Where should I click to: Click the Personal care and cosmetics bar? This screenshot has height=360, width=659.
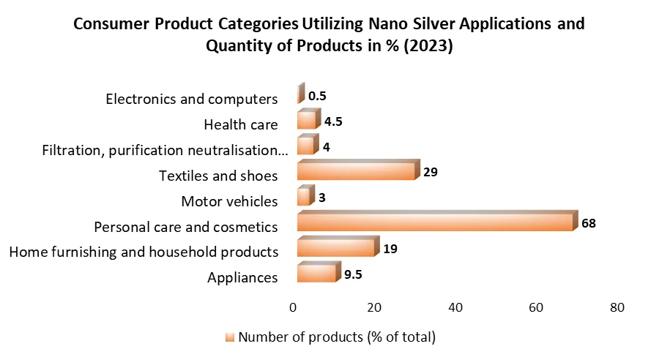435,222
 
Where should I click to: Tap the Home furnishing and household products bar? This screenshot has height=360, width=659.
336,248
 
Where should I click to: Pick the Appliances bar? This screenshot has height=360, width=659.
316,274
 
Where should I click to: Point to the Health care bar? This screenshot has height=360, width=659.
307,121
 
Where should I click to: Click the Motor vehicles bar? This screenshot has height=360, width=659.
305,198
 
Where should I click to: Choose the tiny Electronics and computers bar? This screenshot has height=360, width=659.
299,95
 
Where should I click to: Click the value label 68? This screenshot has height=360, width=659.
589,222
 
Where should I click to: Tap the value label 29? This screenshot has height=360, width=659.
431,173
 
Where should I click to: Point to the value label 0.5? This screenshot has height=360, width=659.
317,96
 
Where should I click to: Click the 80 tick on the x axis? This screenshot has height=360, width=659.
617,308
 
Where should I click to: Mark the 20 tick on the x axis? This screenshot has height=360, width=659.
374,308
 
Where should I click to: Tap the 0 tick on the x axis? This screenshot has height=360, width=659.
293,308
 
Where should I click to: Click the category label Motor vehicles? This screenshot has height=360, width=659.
229,201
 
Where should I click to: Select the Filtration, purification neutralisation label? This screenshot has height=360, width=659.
160,150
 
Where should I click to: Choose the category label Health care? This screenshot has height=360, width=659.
241,124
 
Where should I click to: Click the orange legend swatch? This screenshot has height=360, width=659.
230,337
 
